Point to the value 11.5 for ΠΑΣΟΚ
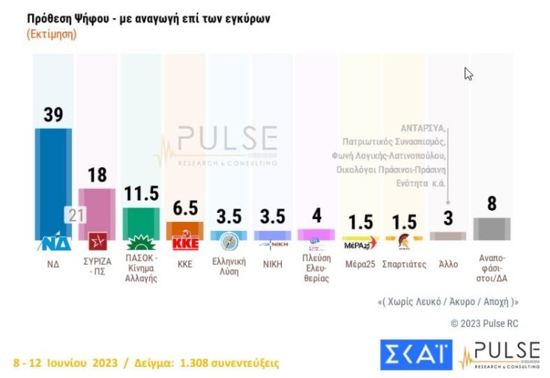click(140, 193)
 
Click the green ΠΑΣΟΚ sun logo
click(140, 242)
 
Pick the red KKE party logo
click(183, 242)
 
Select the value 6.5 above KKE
click(183, 208)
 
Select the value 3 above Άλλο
click(448, 218)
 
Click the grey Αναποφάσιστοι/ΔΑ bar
click(492, 229)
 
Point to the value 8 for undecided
click(492, 204)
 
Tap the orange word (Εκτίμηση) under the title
click(51, 34)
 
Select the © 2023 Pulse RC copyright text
click(484, 323)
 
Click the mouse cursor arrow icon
click(468, 73)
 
